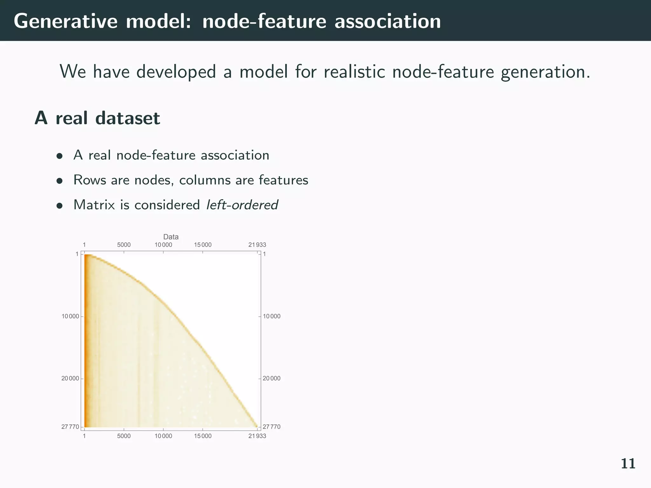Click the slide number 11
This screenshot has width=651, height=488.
(x=628, y=464)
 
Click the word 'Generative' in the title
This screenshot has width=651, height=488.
(x=64, y=22)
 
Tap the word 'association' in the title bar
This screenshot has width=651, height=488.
(x=387, y=22)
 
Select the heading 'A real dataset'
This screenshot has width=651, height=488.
(x=97, y=118)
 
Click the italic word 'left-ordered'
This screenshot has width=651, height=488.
(x=242, y=205)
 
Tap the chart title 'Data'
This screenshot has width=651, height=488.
(x=171, y=237)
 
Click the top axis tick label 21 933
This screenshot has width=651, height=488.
(x=257, y=245)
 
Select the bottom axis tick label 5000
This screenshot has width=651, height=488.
(x=124, y=436)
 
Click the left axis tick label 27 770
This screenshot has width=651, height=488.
(x=70, y=427)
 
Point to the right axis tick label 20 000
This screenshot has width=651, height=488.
(x=271, y=378)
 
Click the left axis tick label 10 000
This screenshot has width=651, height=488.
(x=70, y=316)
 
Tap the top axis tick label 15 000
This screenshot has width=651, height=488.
(x=202, y=245)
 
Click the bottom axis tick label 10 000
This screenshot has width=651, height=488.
(x=163, y=436)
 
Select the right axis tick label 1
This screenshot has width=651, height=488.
(x=264, y=254)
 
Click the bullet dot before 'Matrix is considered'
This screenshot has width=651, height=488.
(x=59, y=206)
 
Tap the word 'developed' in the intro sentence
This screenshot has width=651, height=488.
(x=176, y=71)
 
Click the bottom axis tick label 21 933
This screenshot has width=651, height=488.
(x=257, y=436)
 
